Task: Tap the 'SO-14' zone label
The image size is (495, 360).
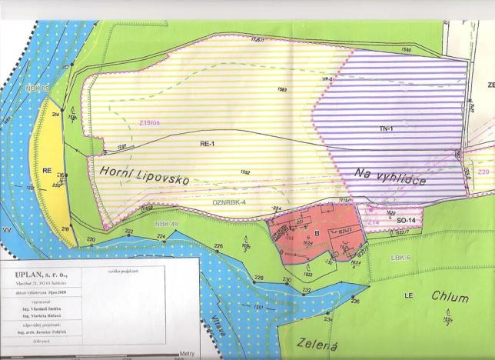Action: (x=406, y=220)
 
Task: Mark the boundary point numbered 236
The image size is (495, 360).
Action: (x=355, y=302)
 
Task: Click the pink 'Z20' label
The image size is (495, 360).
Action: (x=483, y=172)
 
